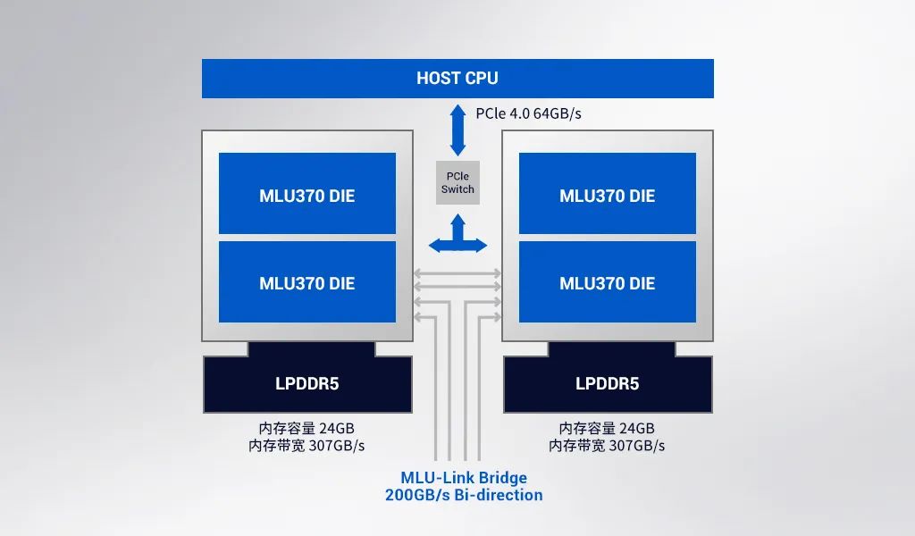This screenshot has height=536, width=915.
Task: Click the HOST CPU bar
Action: pyautogui.click(x=457, y=79)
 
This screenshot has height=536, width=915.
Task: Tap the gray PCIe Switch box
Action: pyautogui.click(x=457, y=182)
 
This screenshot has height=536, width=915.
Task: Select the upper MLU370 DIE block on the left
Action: pyautogui.click(x=306, y=196)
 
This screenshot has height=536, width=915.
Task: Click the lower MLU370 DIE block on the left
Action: pyautogui.click(x=306, y=283)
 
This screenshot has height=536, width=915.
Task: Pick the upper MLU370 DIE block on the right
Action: pyautogui.click(x=607, y=196)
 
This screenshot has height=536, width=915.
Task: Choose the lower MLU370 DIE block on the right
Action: pyautogui.click(x=607, y=283)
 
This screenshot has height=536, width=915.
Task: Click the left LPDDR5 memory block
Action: pyautogui.click(x=306, y=384)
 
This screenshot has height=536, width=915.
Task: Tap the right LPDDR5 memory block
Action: pyautogui.click(x=607, y=384)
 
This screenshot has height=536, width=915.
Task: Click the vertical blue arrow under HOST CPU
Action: pyautogui.click(x=457, y=130)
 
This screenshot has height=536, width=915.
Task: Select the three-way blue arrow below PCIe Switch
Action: pyautogui.click(x=457, y=237)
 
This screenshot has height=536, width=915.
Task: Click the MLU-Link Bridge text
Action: pyautogui.click(x=463, y=478)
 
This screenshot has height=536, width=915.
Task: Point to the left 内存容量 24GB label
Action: pyautogui.click(x=306, y=428)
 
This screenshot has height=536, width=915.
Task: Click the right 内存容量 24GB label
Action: pyautogui.click(x=607, y=428)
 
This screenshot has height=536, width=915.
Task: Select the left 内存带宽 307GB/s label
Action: pyautogui.click(x=306, y=445)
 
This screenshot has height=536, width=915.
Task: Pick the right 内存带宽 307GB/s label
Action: pyautogui.click(x=607, y=445)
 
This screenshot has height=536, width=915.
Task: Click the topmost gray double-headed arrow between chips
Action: pyautogui.click(x=457, y=273)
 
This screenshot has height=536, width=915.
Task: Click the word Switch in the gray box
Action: pyautogui.click(x=457, y=189)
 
